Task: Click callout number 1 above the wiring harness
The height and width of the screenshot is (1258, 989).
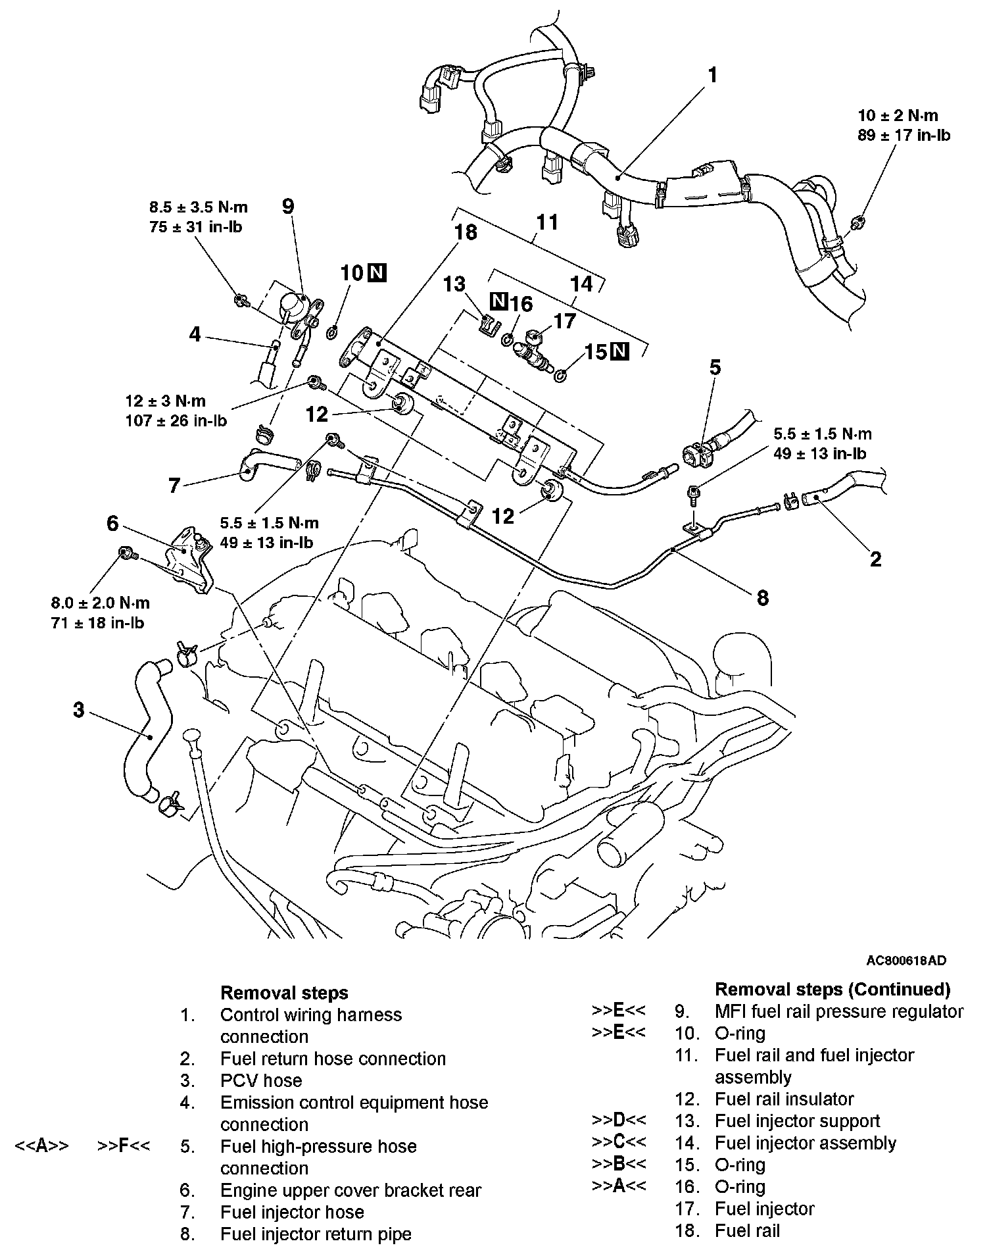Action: click(x=712, y=76)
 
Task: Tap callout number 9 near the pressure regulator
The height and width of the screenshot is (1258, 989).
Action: click(x=287, y=206)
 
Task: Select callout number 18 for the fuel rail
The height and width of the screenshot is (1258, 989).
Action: click(x=465, y=232)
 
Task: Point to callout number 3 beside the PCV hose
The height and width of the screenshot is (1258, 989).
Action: click(x=79, y=710)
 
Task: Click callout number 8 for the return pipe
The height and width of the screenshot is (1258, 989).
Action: click(x=763, y=597)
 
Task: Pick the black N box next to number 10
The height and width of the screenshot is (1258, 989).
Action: click(x=377, y=272)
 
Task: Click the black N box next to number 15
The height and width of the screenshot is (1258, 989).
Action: click(x=619, y=352)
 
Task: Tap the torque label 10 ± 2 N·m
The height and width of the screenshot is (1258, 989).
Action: click(x=898, y=116)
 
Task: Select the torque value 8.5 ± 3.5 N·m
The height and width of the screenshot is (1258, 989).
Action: click(x=199, y=207)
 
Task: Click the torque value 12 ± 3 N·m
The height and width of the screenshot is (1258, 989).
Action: click(x=166, y=401)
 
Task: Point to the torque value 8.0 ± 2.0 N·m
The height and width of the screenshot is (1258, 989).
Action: click(x=101, y=603)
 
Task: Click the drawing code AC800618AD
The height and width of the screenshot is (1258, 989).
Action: click(x=905, y=961)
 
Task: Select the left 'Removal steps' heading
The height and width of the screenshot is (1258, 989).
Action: click(x=284, y=992)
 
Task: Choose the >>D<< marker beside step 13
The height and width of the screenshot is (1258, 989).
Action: click(x=619, y=1120)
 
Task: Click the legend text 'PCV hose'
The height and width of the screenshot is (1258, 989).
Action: click(x=261, y=1080)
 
